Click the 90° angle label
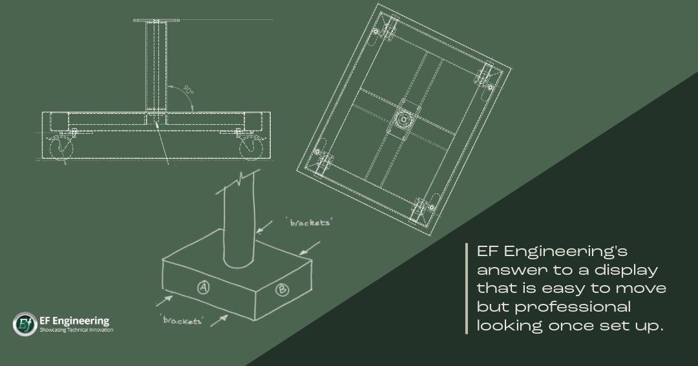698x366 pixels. tap(188, 91)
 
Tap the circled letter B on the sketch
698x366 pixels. tap(282, 290)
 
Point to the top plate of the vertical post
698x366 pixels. tap(156, 21)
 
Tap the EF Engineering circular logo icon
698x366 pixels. tap(25, 324)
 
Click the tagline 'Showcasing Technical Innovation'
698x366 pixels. tap(76, 330)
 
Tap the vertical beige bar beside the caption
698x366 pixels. tap(467, 288)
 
